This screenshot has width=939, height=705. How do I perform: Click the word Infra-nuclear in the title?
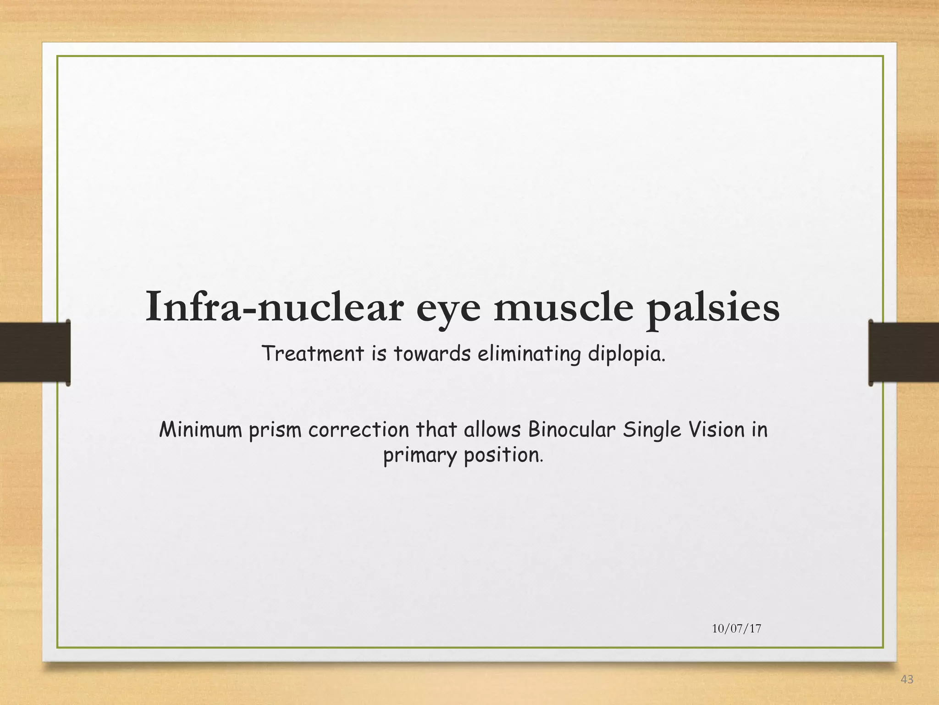tap(274, 307)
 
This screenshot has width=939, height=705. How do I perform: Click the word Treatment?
tap(313, 353)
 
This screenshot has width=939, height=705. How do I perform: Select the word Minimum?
tap(200, 430)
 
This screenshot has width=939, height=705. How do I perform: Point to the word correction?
tap(359, 430)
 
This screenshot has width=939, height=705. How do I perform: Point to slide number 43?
tap(907, 680)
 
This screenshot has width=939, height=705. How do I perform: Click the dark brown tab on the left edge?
tap(35, 352)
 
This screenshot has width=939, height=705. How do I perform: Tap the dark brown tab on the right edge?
tap(903, 352)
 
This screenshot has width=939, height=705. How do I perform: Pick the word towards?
tap(432, 353)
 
